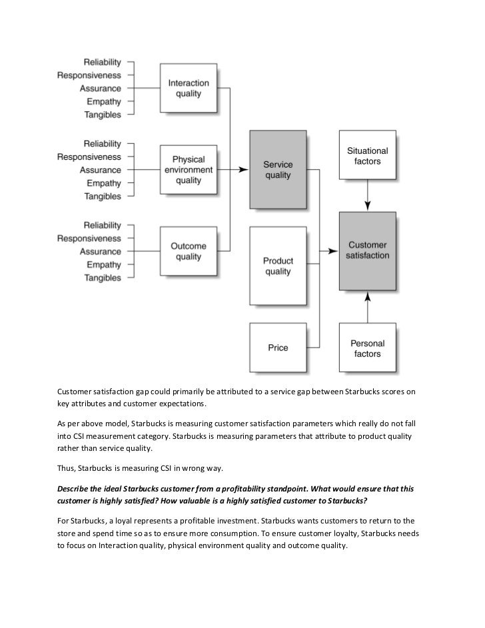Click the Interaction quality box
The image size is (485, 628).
pos(189,89)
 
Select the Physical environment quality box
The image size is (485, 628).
pos(189,170)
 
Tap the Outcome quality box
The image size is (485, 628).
pos(189,252)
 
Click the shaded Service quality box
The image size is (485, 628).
pos(278,170)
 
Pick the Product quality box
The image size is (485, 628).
pos(278,266)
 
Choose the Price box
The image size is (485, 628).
pos(278,348)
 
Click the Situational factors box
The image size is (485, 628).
pos(367,156)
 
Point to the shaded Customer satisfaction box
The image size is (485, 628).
pos(367,250)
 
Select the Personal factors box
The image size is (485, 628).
pos(367,348)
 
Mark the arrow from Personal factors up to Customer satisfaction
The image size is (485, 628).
pos(367,306)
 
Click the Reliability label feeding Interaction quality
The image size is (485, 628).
pos(102,62)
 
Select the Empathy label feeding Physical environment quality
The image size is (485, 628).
pos(103,183)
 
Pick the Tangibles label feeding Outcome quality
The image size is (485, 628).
pos(103,278)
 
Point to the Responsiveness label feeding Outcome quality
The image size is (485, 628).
pos(89,238)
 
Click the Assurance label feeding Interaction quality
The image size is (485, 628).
pos(101,89)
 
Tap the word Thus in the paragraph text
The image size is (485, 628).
pos(67,468)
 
